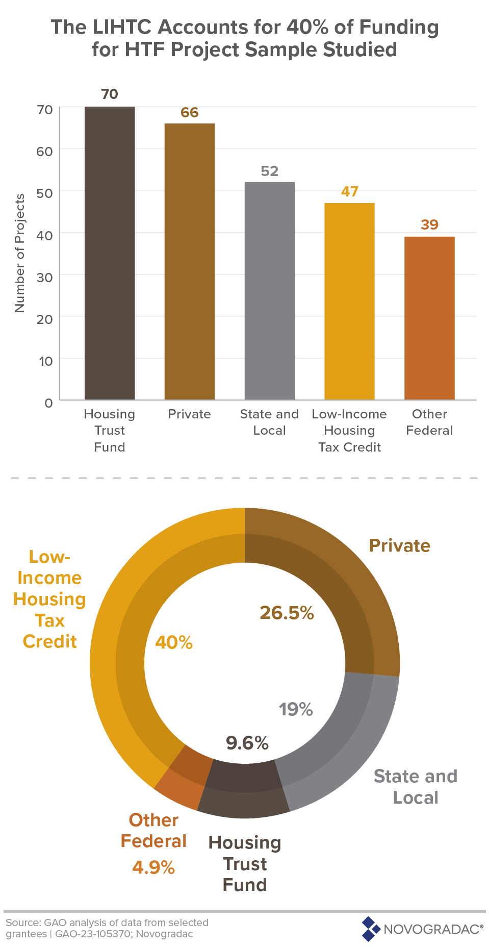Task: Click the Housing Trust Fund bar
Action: [110, 253]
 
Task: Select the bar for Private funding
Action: [189, 261]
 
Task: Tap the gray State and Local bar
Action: [269, 291]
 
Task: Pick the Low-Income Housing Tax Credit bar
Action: [349, 301]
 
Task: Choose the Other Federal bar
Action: [429, 318]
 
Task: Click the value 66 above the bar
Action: [189, 112]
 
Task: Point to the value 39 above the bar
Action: [429, 225]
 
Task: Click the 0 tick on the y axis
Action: [48, 403]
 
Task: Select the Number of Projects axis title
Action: [19, 253]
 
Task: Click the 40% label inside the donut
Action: [174, 642]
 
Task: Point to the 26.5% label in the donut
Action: [287, 613]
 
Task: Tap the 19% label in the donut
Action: [296, 709]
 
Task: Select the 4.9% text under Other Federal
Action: [153, 867]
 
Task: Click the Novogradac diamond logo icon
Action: [371, 929]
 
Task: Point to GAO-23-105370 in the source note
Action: [88, 934]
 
